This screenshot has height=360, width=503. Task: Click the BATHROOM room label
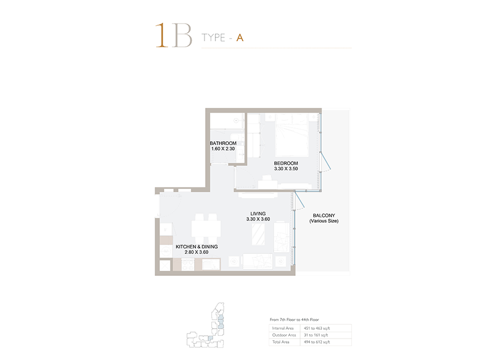(223, 143)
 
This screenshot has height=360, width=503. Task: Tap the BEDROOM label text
(286, 163)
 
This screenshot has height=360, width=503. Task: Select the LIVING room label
(258, 213)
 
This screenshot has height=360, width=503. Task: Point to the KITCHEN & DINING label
(197, 246)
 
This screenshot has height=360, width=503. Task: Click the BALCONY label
(324, 215)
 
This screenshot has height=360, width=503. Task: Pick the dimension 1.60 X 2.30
(223, 148)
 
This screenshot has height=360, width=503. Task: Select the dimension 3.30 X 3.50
(286, 168)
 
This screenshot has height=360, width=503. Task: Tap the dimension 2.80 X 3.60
(197, 252)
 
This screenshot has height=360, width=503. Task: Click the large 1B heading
(174, 35)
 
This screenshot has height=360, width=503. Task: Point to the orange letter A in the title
(240, 38)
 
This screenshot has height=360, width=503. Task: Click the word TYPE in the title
(213, 38)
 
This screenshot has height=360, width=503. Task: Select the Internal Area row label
(283, 328)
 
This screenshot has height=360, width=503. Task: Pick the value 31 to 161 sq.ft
(316, 335)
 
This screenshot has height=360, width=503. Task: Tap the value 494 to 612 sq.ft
(317, 342)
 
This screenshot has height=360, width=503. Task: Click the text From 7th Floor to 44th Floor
(294, 319)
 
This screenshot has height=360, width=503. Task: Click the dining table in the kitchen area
(206, 229)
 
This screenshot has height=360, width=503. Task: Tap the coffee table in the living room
(258, 235)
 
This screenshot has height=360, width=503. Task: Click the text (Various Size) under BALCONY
(324, 221)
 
